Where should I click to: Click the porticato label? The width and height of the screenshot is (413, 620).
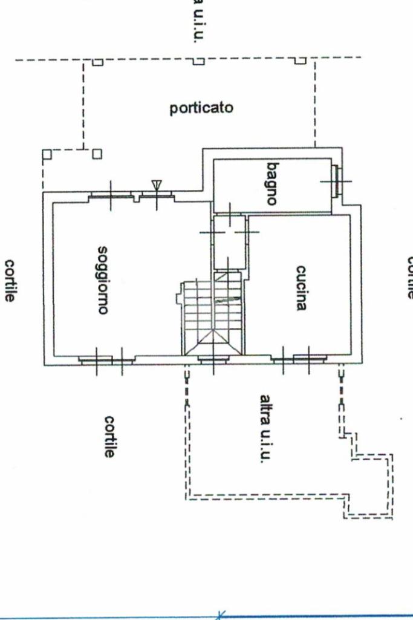(x=201, y=109)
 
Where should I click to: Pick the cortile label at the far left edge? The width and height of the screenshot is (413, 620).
(x=10, y=281)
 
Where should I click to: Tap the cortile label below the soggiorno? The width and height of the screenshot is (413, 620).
(x=109, y=436)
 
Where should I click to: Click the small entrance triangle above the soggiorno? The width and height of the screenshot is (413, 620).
(x=157, y=184)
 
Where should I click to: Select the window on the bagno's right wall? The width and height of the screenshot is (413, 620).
(x=337, y=180)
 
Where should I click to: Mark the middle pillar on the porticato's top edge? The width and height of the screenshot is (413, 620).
(x=198, y=61)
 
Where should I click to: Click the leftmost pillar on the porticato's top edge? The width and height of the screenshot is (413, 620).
(x=97, y=61)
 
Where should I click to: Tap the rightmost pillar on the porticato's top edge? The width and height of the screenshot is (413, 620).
(x=301, y=61)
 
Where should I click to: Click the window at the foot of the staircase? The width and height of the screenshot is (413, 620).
(x=213, y=359)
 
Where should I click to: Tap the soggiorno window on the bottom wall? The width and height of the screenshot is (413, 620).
(x=96, y=359)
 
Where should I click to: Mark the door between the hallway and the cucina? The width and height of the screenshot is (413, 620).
(x=246, y=232)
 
